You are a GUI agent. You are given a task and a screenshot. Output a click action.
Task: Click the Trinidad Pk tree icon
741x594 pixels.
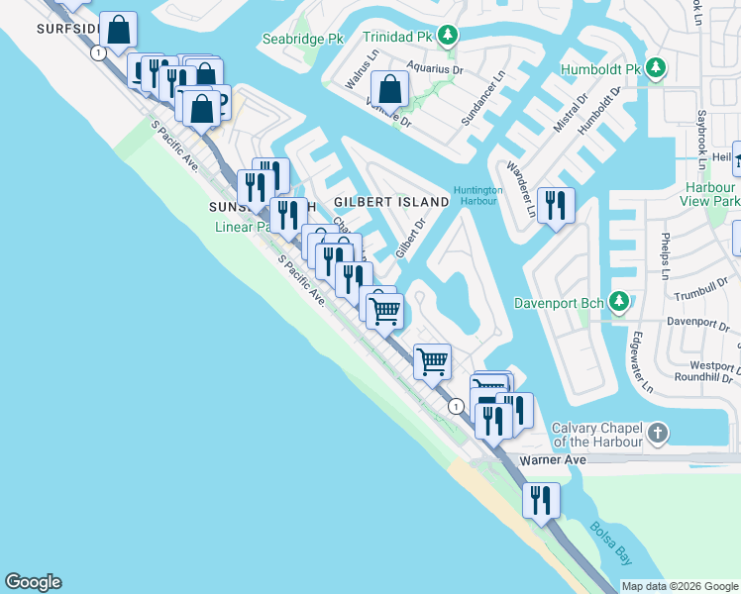click(x=449, y=37)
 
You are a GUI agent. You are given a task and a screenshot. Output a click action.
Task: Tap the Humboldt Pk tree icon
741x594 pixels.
click(x=655, y=69)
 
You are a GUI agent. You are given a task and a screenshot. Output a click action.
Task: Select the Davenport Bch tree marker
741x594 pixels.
click(x=619, y=300)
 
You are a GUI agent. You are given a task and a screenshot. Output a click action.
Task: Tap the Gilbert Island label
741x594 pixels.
click(x=391, y=201)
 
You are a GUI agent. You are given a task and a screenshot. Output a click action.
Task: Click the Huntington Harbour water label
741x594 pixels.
click(x=478, y=196)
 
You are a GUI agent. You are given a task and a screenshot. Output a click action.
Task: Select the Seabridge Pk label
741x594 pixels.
click(x=302, y=40)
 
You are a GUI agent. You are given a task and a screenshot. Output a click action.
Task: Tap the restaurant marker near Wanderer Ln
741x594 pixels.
click(x=555, y=205)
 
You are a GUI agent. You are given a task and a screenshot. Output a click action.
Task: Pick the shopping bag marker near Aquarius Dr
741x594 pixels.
click(x=392, y=88)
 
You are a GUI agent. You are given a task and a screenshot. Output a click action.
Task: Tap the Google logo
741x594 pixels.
click(x=33, y=582)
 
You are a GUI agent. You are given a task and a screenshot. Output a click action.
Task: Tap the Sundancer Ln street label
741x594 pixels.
click(x=484, y=98)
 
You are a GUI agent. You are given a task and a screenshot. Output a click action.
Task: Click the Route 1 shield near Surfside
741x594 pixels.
click(x=97, y=53)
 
